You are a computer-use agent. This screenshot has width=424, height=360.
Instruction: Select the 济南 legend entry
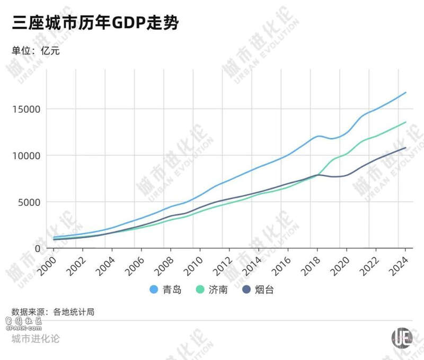[x=212, y=290]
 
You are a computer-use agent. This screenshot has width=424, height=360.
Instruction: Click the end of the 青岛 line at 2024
[x=406, y=93]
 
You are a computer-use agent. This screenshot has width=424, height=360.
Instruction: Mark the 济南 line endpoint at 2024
[x=406, y=122]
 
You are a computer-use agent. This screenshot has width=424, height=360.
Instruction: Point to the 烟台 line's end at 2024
[x=406, y=148]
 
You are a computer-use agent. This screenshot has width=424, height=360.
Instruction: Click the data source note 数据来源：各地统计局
[x=53, y=312]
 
